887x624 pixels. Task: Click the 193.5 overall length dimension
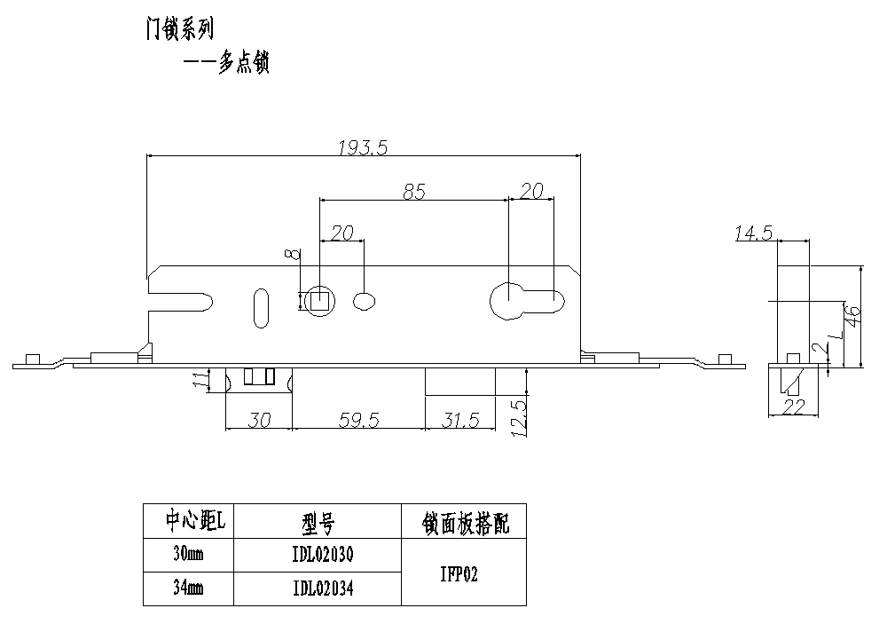(364, 148)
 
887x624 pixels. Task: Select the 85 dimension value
(414, 191)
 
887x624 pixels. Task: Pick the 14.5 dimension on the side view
(754, 233)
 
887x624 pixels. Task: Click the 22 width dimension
(794, 407)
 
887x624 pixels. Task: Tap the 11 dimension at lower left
(200, 380)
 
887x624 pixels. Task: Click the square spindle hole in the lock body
(319, 301)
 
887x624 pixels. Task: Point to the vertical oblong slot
(262, 307)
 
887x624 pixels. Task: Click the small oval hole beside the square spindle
(365, 301)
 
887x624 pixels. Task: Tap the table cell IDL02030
(323, 555)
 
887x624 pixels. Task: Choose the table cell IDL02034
(323, 588)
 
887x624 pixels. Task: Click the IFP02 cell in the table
(459, 573)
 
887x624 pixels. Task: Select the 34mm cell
(188, 588)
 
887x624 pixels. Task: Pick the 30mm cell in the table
(188, 555)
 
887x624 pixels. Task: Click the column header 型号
(318, 523)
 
